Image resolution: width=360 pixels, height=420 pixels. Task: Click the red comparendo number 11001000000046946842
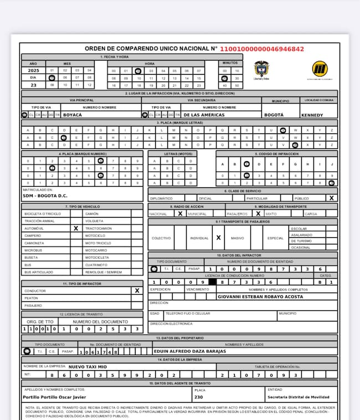(x=262, y=49)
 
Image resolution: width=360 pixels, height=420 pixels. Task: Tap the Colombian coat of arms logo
(x=261, y=69)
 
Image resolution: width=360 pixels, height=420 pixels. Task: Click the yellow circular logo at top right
(x=320, y=69)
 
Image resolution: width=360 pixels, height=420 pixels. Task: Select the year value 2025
(x=33, y=70)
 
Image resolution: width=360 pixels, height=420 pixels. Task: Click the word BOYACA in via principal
(x=73, y=115)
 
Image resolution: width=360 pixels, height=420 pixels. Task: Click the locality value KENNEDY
(x=312, y=115)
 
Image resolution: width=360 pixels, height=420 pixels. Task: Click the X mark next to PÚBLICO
(x=331, y=198)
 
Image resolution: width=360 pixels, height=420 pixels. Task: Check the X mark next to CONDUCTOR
(x=137, y=290)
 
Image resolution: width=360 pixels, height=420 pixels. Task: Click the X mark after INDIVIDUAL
(x=219, y=238)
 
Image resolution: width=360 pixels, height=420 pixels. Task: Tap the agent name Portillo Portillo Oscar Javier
(x=54, y=397)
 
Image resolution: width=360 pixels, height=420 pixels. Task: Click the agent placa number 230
(x=198, y=397)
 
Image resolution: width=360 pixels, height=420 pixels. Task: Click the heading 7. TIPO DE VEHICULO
(x=82, y=206)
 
